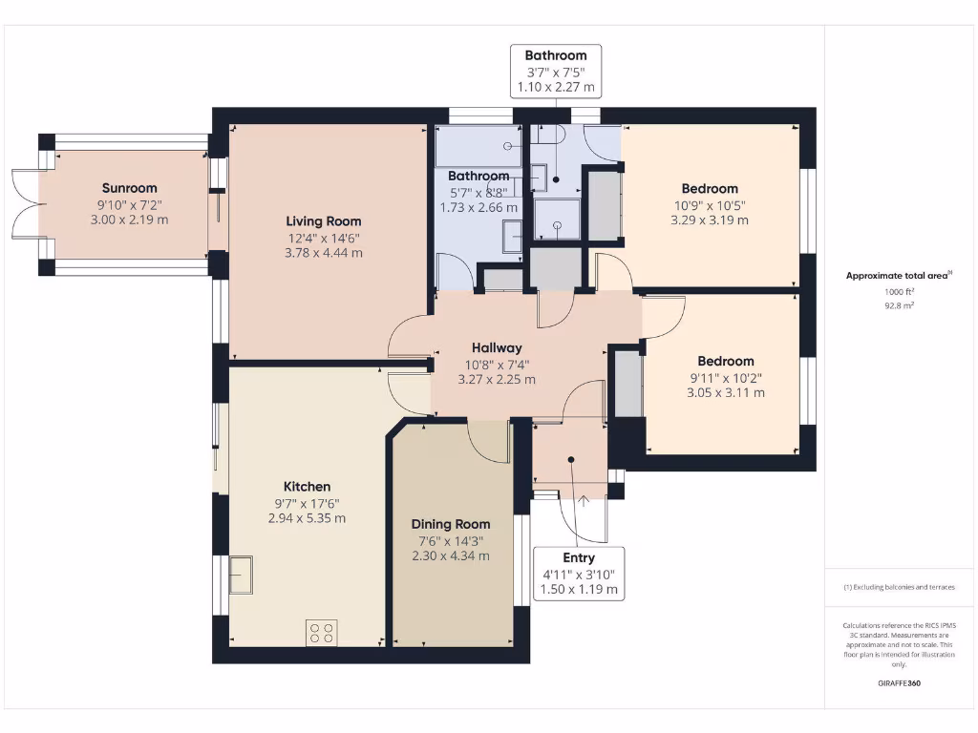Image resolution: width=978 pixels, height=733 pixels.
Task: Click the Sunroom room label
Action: (129, 188)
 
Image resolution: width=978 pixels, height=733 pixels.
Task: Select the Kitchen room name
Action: (307, 487)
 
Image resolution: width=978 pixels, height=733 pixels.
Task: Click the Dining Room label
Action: (451, 524)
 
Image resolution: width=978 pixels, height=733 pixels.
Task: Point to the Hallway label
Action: (497, 347)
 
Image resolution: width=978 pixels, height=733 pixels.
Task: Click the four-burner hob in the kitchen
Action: (322, 632)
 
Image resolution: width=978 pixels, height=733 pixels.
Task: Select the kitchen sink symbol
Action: (241, 574)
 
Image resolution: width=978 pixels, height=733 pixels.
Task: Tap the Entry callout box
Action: (579, 574)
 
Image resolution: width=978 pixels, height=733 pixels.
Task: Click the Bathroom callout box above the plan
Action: (556, 71)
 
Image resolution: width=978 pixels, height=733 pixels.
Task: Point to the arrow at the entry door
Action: (584, 497)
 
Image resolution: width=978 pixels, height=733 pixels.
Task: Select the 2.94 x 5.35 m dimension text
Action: (307, 518)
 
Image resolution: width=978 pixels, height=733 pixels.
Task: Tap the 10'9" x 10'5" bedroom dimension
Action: (710, 204)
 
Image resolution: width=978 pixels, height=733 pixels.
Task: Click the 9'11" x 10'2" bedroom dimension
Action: (725, 377)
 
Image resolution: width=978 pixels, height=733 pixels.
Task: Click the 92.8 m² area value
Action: (898, 306)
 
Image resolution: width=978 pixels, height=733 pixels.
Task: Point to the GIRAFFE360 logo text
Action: (899, 683)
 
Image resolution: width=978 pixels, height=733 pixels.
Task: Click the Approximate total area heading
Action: (899, 276)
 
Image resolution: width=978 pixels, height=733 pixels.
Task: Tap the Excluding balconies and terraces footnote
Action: (899, 587)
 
